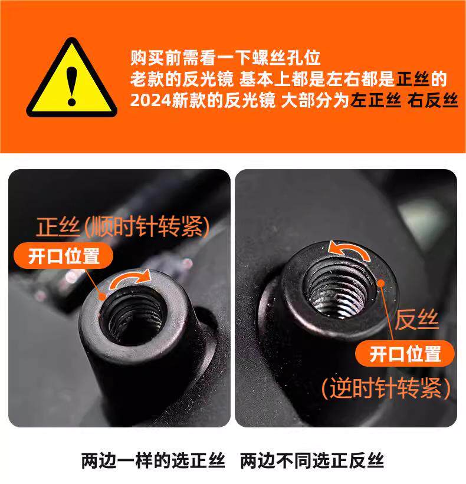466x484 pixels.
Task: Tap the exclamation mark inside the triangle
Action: click(x=71, y=87)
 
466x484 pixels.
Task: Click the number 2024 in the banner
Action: click(x=150, y=100)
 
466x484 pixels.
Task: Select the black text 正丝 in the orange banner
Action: click(x=412, y=79)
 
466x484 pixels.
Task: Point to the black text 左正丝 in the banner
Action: click(x=376, y=100)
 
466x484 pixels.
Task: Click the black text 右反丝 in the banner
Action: click(x=432, y=100)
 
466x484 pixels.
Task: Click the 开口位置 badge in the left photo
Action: click(x=64, y=256)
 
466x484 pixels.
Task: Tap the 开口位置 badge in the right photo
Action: click(x=405, y=354)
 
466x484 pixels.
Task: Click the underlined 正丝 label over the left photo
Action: click(x=58, y=227)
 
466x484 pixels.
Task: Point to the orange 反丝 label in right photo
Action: click(x=416, y=319)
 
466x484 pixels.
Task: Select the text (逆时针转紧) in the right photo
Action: click(x=386, y=388)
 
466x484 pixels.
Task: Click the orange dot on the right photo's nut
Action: click(x=381, y=283)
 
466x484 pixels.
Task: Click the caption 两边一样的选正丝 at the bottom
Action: click(x=153, y=461)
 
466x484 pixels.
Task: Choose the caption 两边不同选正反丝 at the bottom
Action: click(x=312, y=461)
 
